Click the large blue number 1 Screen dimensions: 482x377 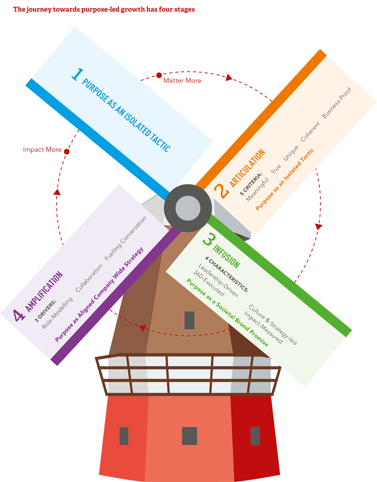(77, 74)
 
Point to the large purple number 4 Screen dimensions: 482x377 (19, 315)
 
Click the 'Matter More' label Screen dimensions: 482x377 (182, 81)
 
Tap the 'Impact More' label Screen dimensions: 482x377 (42, 150)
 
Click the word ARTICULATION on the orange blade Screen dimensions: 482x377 (248, 168)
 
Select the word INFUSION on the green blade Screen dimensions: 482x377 (226, 257)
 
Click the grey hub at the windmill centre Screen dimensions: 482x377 (188, 208)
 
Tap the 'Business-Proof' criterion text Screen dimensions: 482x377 (337, 103)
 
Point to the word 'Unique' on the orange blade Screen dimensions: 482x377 (291, 153)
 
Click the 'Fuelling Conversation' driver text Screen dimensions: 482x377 (126, 238)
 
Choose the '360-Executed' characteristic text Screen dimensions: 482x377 (209, 283)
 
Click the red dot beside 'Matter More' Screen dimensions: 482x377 (159, 75)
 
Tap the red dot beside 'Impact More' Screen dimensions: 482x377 (67, 152)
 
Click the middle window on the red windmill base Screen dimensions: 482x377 (189, 436)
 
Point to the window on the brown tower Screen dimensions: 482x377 (189, 320)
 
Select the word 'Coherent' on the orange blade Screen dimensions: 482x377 (310, 132)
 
